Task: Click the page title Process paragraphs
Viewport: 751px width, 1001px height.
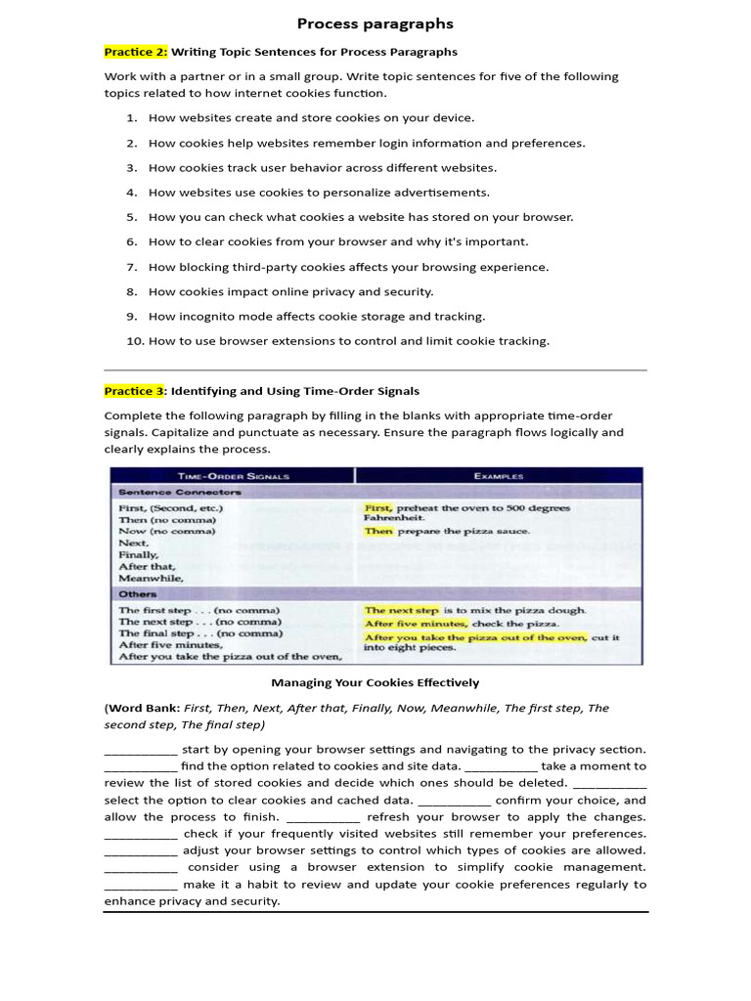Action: pos(375,23)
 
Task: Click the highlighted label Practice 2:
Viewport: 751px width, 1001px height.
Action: pos(136,52)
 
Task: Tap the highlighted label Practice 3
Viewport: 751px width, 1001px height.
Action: pos(134,391)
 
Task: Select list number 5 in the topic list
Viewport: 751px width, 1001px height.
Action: pos(132,217)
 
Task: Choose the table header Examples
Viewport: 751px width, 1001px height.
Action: pos(498,476)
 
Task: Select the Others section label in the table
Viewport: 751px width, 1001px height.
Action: pos(137,593)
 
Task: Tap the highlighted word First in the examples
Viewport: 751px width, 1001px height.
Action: pos(377,508)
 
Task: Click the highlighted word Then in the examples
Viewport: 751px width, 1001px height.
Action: pos(378,532)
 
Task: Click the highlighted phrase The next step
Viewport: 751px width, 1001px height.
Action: pos(402,610)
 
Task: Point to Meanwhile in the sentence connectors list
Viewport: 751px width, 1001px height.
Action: pos(151,578)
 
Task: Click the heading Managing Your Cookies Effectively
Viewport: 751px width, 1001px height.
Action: pos(375,682)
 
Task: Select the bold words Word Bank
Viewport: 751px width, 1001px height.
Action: pos(144,708)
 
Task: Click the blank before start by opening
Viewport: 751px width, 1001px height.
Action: pos(141,750)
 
